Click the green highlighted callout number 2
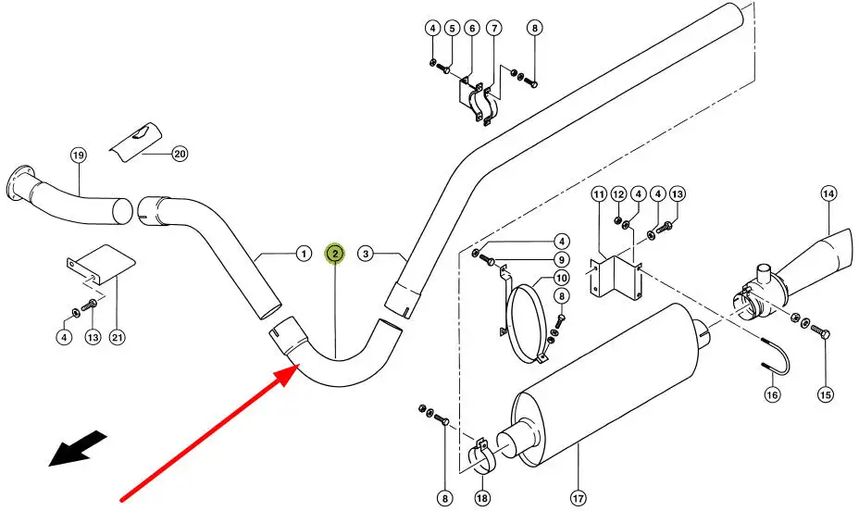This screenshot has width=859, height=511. [335, 253]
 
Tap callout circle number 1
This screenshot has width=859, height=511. [304, 254]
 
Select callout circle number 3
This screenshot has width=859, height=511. [366, 254]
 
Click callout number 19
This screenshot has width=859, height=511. [79, 155]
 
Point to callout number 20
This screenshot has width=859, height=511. [180, 154]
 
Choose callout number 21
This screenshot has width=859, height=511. [118, 337]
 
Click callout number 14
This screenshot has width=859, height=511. [828, 193]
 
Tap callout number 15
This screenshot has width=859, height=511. [825, 393]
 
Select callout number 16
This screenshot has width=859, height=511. [772, 393]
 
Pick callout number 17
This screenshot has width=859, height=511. [578, 498]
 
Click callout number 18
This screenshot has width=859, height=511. [482, 498]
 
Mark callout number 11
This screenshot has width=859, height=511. [599, 193]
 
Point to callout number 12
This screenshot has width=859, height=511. [618, 193]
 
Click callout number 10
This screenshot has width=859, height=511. [561, 278]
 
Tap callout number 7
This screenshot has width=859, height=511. [493, 28]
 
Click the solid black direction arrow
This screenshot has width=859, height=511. [78, 448]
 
